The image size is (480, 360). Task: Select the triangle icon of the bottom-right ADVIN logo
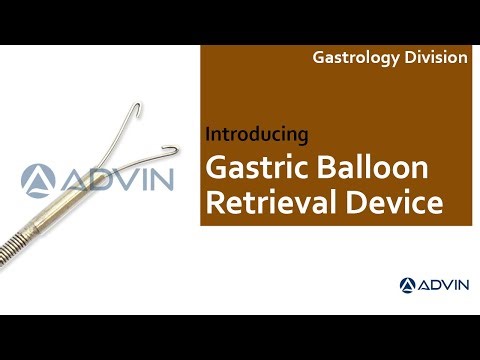(x=408, y=285)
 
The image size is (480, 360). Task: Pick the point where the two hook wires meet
(x=109, y=186)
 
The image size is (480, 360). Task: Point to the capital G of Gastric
(x=213, y=167)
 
